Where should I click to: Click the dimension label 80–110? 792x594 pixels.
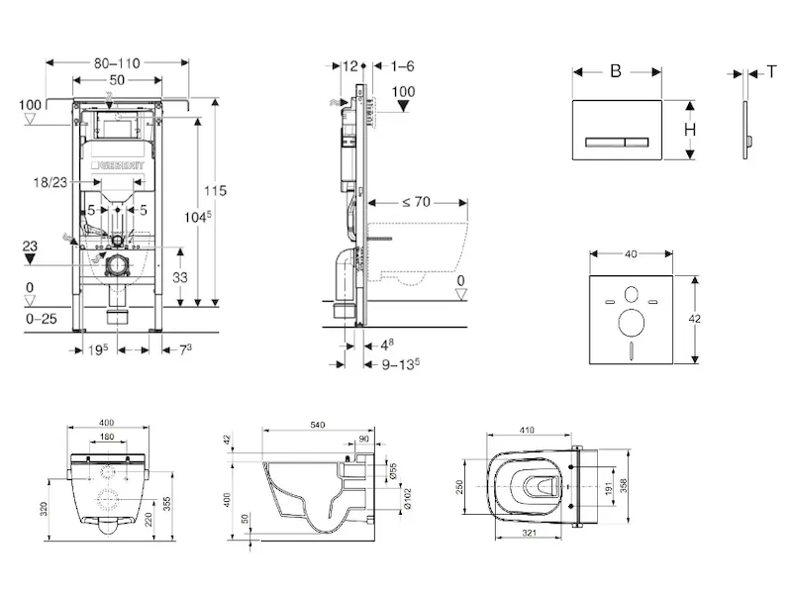tap(116, 63)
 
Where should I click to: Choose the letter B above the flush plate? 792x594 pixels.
tap(616, 70)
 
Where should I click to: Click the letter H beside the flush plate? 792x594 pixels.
tap(689, 130)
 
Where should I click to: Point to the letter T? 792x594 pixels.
tap(770, 70)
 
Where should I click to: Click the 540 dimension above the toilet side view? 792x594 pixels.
tap(316, 425)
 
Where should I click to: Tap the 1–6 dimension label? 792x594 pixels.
tap(402, 65)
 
